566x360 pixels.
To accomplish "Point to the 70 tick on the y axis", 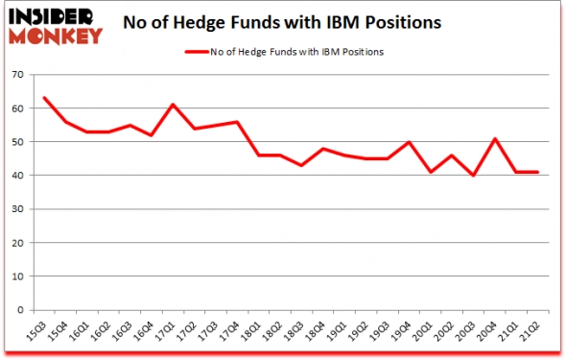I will [17, 75].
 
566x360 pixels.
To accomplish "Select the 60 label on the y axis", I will [17, 108].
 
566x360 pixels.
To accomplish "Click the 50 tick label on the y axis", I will [17, 142].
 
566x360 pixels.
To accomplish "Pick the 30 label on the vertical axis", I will [17, 209].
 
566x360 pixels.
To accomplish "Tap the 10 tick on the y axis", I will [17, 276].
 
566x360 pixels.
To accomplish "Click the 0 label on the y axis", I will [20, 310].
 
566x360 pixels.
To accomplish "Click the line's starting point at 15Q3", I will [44, 98].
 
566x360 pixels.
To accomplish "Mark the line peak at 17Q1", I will [174, 105].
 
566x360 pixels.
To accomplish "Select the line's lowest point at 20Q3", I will [474, 176].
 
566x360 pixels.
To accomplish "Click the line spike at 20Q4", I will [495, 138].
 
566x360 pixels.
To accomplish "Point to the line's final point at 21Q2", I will [538, 172].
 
